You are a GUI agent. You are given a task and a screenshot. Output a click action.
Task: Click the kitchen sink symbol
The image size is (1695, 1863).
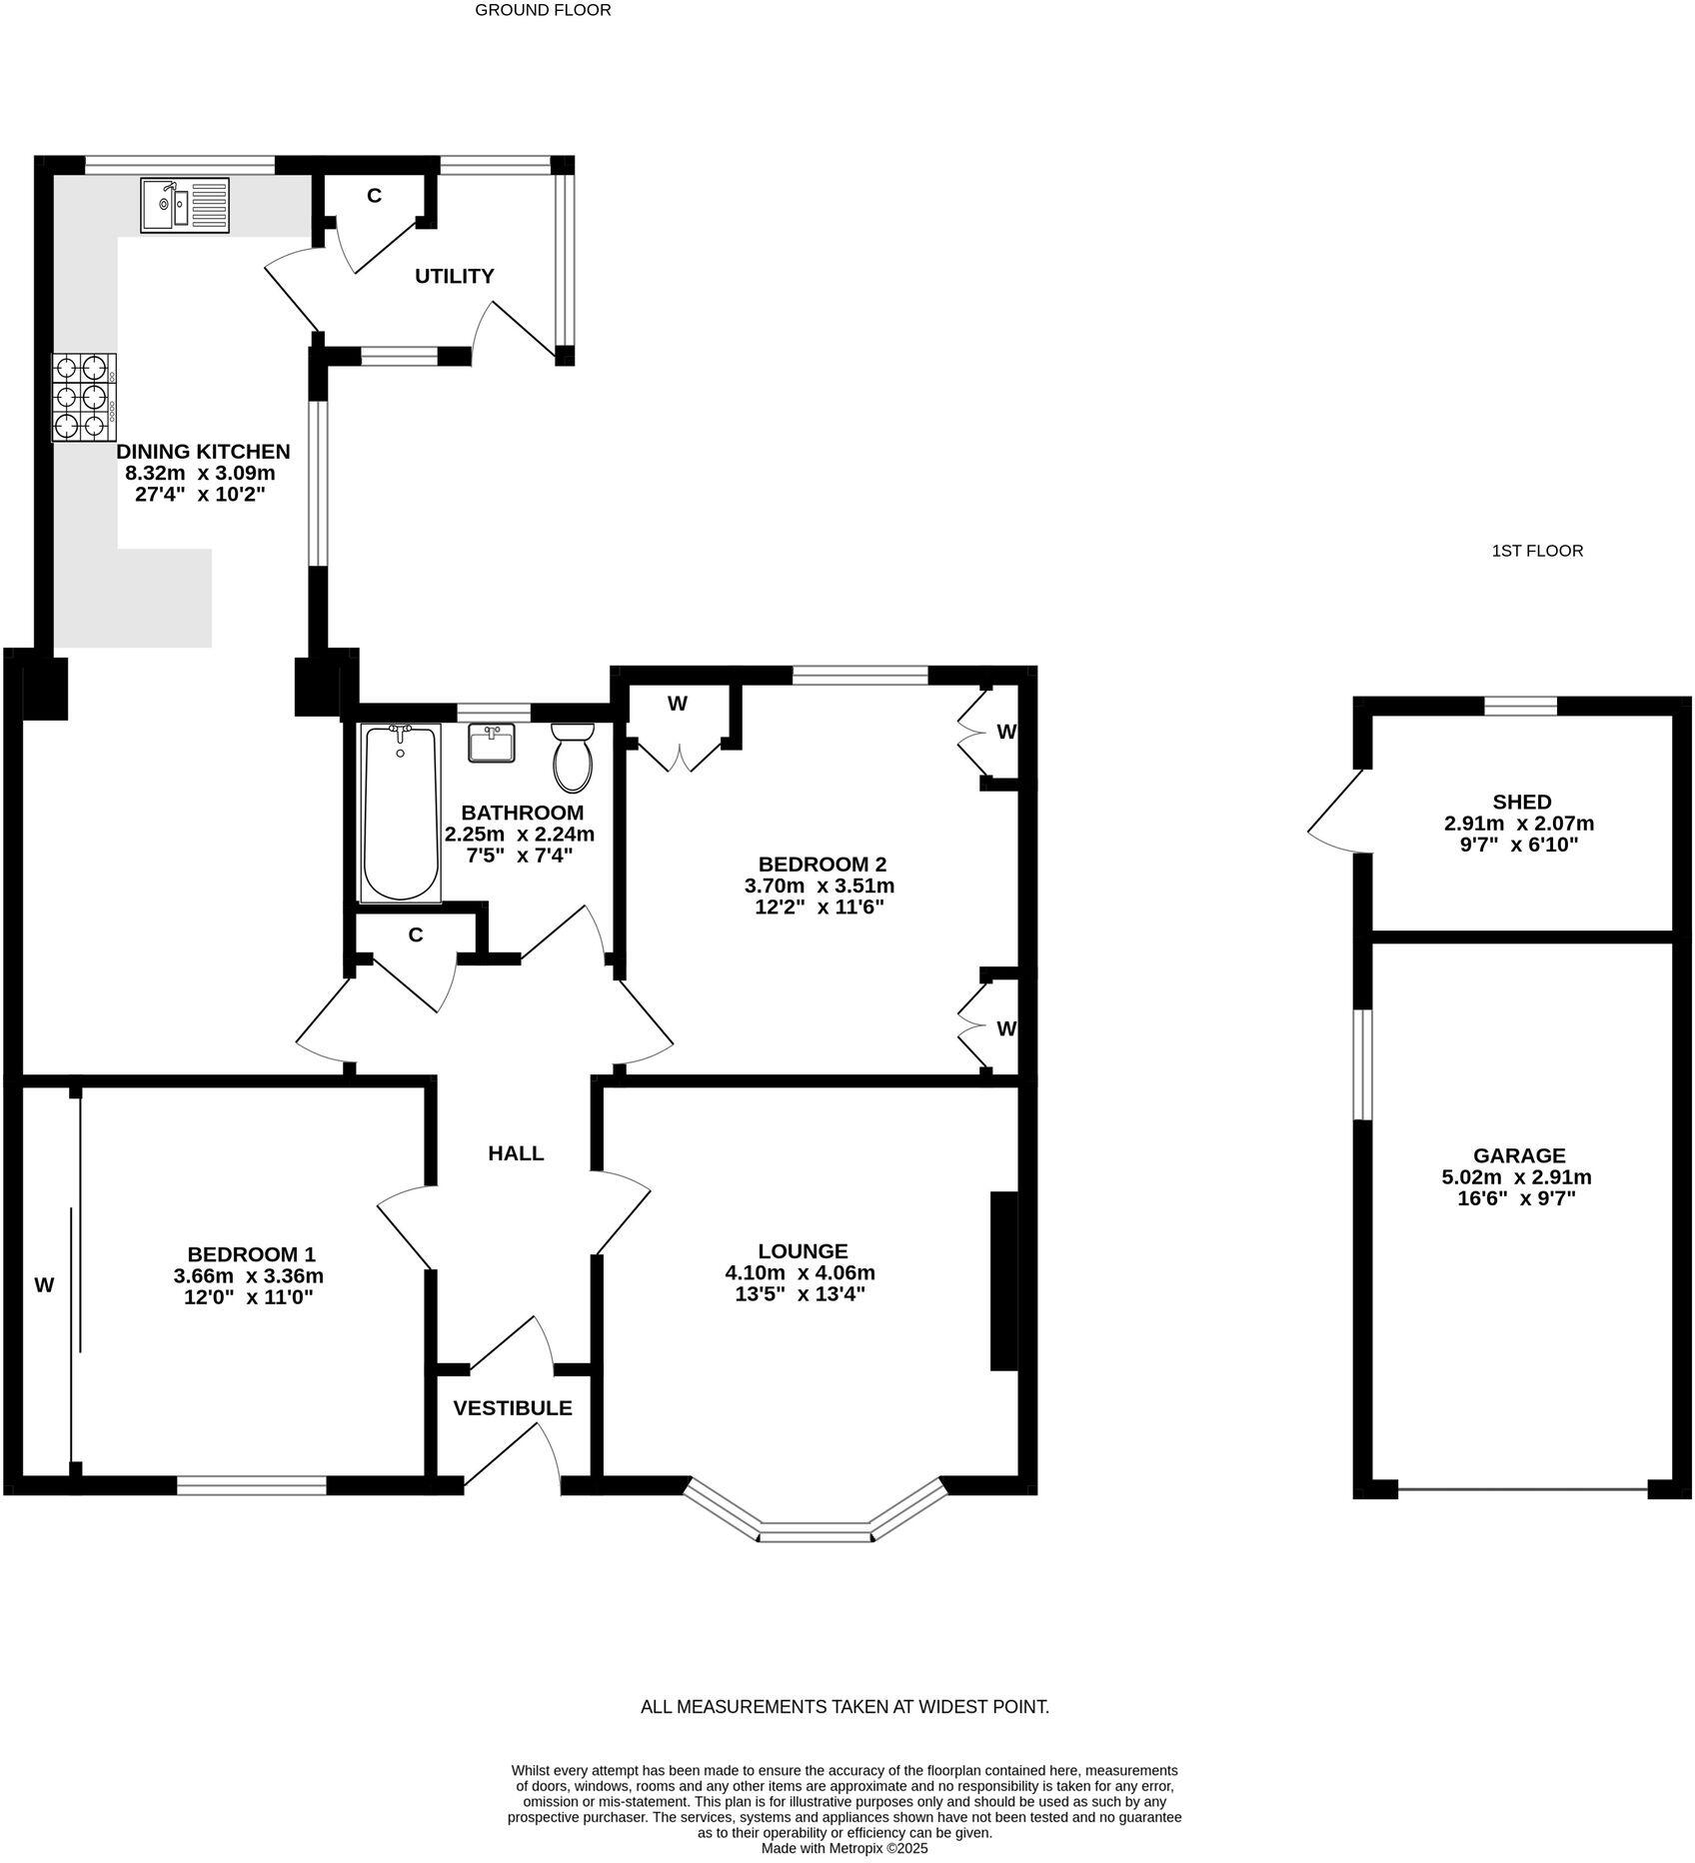tap(185, 205)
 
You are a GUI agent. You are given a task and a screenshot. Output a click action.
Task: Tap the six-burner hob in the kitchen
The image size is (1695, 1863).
tap(84, 398)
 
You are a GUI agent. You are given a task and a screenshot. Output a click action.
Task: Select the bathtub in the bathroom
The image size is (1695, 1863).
tap(400, 814)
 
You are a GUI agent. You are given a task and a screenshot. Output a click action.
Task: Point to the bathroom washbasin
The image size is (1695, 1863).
tap(492, 743)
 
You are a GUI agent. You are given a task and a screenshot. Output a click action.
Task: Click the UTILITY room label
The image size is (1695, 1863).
tap(455, 276)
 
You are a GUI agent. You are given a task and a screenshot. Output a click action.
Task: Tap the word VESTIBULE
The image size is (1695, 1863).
tap(513, 1408)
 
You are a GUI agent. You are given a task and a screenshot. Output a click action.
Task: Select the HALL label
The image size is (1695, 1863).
tap(516, 1153)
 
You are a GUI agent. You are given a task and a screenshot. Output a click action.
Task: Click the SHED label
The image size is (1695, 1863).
tap(1521, 802)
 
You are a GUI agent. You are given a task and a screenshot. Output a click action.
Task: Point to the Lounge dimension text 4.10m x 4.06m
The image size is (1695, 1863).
tap(800, 1273)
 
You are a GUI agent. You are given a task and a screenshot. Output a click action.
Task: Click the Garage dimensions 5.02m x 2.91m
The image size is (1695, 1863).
tap(1516, 1177)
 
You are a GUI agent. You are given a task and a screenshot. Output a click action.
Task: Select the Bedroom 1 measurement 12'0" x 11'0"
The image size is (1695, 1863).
tap(248, 1298)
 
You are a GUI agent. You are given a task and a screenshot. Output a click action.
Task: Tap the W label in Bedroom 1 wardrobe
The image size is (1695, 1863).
tap(44, 1286)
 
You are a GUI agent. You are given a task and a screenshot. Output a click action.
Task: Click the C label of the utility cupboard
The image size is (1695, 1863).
tap(374, 196)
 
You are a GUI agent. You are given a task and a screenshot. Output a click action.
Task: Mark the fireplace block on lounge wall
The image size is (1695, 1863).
tap(1002, 1280)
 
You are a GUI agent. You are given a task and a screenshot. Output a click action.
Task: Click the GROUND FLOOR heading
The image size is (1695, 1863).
tap(543, 11)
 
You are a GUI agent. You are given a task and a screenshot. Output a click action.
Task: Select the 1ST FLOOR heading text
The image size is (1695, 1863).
tap(1537, 551)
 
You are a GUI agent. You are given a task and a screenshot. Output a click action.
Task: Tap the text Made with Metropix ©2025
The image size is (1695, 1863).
tap(845, 1849)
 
